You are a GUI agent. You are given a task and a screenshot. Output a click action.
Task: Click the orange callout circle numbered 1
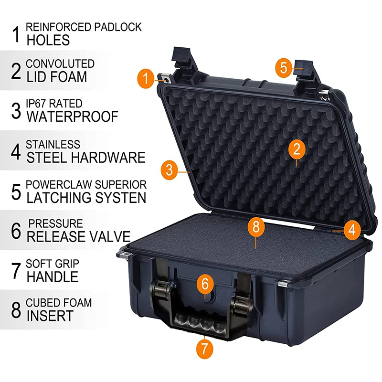pyautogui.click(x=146, y=78)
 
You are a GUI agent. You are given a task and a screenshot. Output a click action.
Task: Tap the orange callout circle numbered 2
pyautogui.click(x=297, y=149)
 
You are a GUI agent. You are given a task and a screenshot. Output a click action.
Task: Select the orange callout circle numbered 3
pyautogui.click(x=170, y=170)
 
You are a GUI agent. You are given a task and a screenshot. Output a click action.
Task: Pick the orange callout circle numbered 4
pyautogui.click(x=352, y=230)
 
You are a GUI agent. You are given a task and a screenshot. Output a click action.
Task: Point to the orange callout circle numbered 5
pyautogui.click(x=284, y=67)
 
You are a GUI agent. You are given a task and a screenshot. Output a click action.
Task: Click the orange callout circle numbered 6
pyautogui.click(x=205, y=284)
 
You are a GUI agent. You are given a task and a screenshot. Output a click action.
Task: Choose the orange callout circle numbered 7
pyautogui.click(x=205, y=349)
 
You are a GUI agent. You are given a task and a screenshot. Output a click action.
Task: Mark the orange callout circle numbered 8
pyautogui.click(x=256, y=227)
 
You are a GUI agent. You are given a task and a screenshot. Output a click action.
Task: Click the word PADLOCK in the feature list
pyautogui.click(x=118, y=27)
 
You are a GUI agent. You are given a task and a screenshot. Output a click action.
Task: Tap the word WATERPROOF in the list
pyautogui.click(x=73, y=117)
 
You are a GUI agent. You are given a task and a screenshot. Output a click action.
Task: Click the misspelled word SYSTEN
pyautogui.click(x=121, y=198)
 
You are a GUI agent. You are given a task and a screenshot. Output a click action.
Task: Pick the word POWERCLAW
pyautogui.click(x=59, y=184)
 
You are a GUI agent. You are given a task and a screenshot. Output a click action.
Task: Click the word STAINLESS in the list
pyautogui.click(x=53, y=145)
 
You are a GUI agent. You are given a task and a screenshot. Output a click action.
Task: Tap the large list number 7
pyautogui.click(x=16, y=270)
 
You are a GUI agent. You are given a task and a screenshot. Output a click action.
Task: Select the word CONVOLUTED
pyautogui.click(x=60, y=64)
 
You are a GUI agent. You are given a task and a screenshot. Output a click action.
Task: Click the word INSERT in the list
pyautogui.click(x=50, y=316)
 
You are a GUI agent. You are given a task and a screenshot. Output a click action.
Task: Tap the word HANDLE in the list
pyautogui.click(x=53, y=277)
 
